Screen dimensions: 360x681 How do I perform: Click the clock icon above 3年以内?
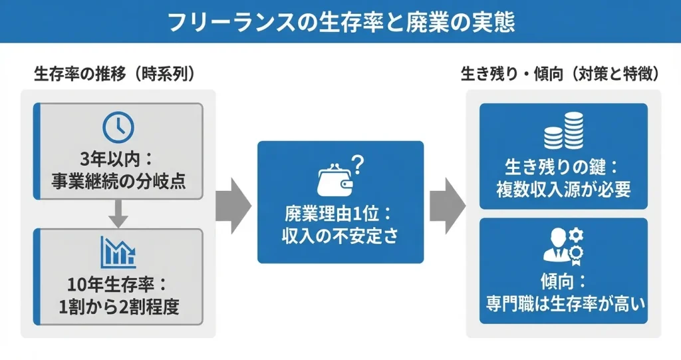pyautogui.click(x=118, y=126)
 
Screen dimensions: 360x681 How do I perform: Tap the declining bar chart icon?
pyautogui.click(x=118, y=252)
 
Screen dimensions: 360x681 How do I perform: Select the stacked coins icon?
pyautogui.click(x=563, y=132)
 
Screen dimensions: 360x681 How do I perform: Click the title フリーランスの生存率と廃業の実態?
pyautogui.click(x=340, y=21)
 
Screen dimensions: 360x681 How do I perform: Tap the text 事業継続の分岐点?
pyautogui.click(x=118, y=180)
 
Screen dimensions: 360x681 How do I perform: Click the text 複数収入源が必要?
pyautogui.click(x=563, y=188)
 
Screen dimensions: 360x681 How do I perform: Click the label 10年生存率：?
pyautogui.click(x=118, y=285)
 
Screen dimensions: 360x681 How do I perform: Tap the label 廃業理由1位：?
pyautogui.click(x=340, y=214)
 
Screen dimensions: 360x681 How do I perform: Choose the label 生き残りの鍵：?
pyautogui.click(x=563, y=166)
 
